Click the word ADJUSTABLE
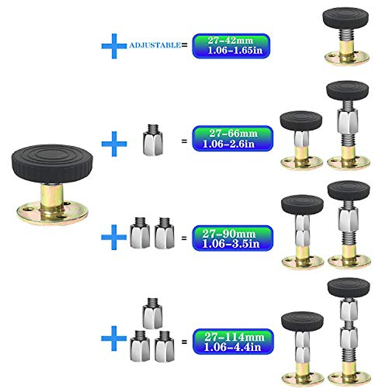pyautogui.click(x=155, y=45)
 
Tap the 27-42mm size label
pyautogui.click(x=231, y=46)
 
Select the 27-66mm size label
pyautogui.click(x=232, y=138)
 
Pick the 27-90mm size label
pyautogui.click(x=232, y=238)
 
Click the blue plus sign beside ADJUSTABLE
pyautogui.click(x=114, y=46)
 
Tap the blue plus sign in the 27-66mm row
pyautogui.click(x=114, y=144)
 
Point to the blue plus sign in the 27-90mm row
pyautogui.click(x=114, y=237)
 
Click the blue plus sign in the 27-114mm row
pyautogui.click(x=114, y=338)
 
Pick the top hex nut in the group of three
pyautogui.click(x=152, y=314)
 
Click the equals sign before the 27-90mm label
pyautogui.click(x=184, y=238)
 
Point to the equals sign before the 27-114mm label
pyautogui.click(x=184, y=341)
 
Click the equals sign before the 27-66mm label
pyautogui.click(x=184, y=141)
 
